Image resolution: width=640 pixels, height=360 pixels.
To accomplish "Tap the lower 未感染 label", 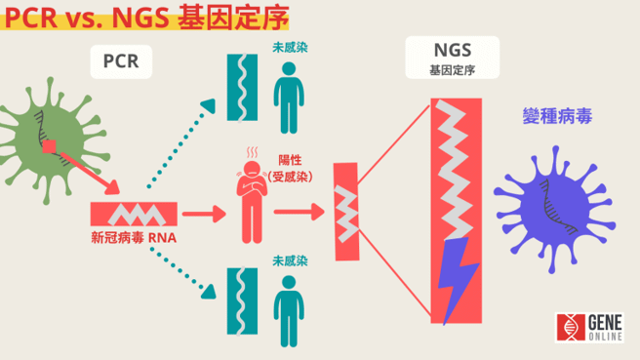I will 290,260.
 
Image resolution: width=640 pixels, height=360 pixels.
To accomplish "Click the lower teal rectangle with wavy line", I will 239,303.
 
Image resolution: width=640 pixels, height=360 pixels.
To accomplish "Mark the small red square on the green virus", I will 51,148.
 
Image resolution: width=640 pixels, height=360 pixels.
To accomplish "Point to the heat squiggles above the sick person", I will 253,152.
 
